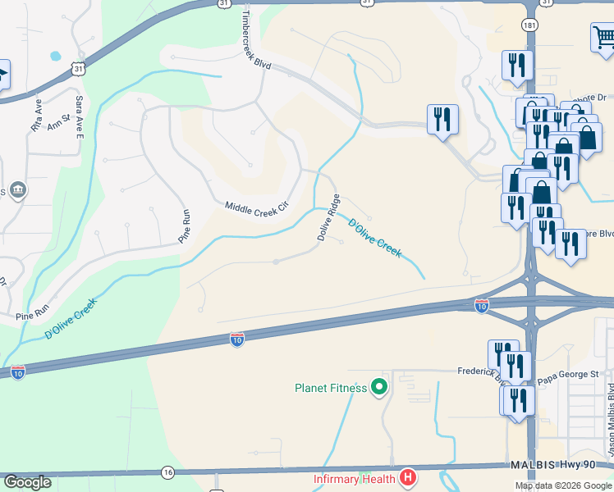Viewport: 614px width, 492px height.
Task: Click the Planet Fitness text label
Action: (x=331, y=388)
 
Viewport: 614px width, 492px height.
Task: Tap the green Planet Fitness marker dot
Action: (x=379, y=385)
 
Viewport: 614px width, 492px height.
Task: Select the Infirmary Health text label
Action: (x=354, y=478)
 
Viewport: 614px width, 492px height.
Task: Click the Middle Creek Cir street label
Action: (x=258, y=210)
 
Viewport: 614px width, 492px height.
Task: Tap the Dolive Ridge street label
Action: (x=329, y=217)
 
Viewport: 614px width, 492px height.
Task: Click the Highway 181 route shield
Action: (x=532, y=25)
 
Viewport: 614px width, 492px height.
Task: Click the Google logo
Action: (x=28, y=481)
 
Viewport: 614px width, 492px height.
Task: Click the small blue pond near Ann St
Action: (x=55, y=57)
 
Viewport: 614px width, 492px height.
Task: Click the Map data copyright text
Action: (x=561, y=485)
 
